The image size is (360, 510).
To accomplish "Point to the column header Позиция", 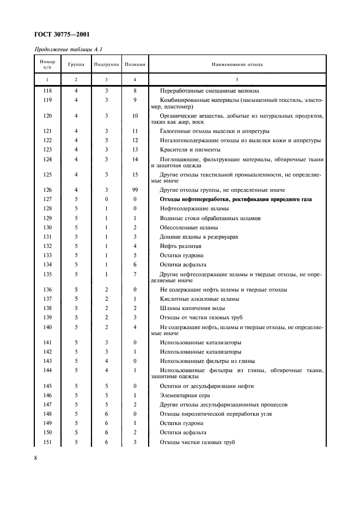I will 135,64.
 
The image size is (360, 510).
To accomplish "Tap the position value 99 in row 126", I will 135,190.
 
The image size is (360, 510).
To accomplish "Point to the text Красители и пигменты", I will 190,149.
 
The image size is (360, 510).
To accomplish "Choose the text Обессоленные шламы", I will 188,227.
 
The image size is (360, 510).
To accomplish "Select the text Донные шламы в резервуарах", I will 199,236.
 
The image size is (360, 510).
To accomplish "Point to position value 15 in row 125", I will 135,174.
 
